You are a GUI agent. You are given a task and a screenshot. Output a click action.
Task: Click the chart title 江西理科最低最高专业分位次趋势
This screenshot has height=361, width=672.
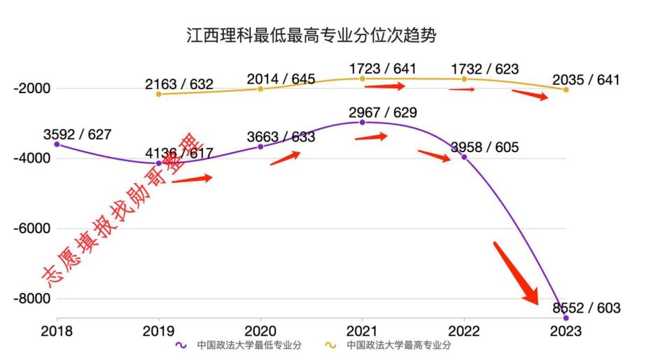(x=311, y=36)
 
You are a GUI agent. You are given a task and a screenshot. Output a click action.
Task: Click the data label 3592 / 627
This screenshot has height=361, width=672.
(x=77, y=135)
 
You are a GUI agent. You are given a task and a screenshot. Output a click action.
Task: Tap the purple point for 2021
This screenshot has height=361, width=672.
(x=362, y=122)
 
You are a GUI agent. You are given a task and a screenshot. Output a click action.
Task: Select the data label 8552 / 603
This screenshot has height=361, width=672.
(x=586, y=308)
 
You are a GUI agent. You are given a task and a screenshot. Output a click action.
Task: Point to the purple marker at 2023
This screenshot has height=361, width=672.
(x=566, y=318)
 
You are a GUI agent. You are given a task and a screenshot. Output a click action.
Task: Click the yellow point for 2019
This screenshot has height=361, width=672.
(x=159, y=94)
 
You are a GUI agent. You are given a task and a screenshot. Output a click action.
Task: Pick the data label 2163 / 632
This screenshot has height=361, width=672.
(x=179, y=84)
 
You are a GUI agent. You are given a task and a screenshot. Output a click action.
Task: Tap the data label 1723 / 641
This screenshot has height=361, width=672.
(x=381, y=69)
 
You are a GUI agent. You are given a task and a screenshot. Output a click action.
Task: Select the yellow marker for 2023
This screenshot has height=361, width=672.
(x=566, y=90)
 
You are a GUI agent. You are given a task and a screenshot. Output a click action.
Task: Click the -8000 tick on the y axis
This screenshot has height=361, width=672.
(x=27, y=299)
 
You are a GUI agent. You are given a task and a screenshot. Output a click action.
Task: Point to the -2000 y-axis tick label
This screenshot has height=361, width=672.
(x=27, y=88)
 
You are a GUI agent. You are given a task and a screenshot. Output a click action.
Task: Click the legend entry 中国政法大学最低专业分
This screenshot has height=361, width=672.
(x=241, y=345)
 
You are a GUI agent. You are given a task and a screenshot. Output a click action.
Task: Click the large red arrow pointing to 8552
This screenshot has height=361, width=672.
(x=517, y=273)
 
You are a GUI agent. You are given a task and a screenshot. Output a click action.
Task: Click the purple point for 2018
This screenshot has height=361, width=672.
(x=57, y=144)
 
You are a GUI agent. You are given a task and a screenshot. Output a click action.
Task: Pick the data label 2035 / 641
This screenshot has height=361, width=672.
(x=586, y=80)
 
